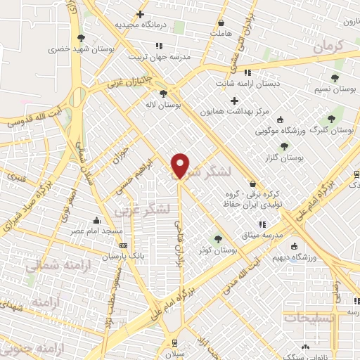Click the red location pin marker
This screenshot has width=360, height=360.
coord(181,165)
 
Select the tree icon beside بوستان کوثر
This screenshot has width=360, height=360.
coord(217,238)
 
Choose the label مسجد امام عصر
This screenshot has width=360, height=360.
coord(98,231)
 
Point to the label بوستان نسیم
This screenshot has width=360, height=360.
coord(333,91)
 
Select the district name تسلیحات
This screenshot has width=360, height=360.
coord(310,318)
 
